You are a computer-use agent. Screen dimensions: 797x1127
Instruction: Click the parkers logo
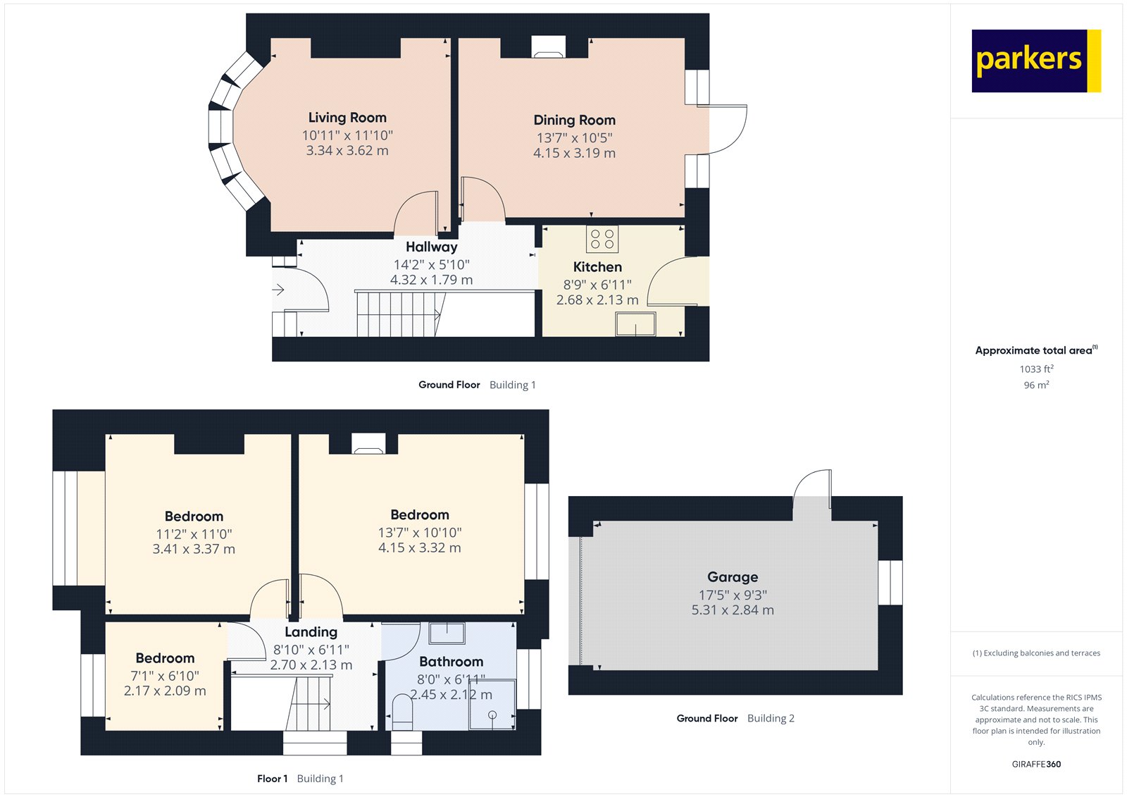click(1035, 61)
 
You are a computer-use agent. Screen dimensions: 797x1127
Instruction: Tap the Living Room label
click(347, 118)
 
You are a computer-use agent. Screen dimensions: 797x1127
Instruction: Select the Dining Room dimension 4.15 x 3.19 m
click(574, 153)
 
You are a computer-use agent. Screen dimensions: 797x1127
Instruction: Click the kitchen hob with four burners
click(602, 239)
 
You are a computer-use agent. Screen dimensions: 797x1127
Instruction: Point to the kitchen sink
click(635, 325)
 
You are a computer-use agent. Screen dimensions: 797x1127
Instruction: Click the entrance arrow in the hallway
click(278, 290)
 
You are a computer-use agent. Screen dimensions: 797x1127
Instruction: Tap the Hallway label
click(431, 247)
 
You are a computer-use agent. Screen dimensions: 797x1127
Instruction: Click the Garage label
click(733, 577)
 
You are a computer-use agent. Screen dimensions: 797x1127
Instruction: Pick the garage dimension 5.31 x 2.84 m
click(733, 610)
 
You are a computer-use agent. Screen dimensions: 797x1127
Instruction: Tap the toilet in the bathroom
click(402, 712)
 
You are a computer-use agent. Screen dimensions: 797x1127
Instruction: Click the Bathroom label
click(451, 662)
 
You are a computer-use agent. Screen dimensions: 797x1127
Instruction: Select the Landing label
click(311, 632)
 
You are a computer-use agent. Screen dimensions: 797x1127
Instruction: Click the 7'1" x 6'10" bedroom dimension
click(165, 676)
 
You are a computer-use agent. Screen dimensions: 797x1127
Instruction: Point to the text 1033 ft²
click(1036, 369)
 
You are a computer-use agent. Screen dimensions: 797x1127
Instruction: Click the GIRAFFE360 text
click(1036, 764)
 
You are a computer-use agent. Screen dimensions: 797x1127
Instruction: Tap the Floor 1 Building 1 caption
click(300, 779)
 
